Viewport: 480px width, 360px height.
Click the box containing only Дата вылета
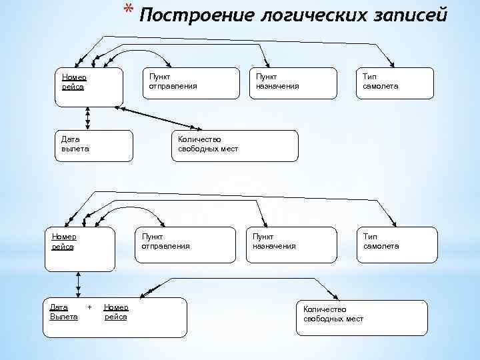coord(93,145)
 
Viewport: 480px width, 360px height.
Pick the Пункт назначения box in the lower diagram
coord(293,248)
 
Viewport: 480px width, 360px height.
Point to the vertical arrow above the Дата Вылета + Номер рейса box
coord(79,284)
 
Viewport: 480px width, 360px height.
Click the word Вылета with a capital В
coord(64,317)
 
